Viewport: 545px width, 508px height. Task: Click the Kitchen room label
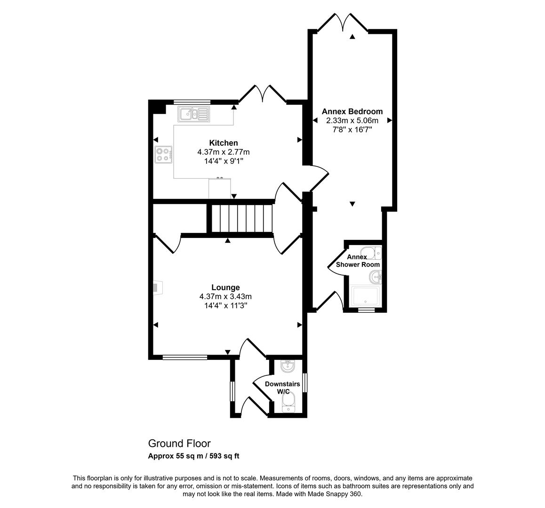tap(224, 143)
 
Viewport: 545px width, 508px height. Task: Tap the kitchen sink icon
tap(193, 114)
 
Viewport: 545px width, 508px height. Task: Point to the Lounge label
tap(225, 287)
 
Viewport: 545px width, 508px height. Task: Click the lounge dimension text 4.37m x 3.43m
tap(225, 296)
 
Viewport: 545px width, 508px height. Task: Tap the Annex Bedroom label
tap(352, 111)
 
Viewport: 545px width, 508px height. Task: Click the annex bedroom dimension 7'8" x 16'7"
tap(352, 129)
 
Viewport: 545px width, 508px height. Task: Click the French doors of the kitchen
tap(263, 94)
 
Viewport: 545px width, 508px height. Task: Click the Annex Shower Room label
tap(357, 261)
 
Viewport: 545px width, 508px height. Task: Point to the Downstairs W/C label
tap(282, 388)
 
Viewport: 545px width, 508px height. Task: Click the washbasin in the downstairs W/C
tap(287, 366)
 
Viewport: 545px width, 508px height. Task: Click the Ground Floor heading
tap(179, 444)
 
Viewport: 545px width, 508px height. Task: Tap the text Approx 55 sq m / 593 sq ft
tap(194, 456)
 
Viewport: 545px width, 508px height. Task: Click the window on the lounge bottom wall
tap(184, 357)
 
